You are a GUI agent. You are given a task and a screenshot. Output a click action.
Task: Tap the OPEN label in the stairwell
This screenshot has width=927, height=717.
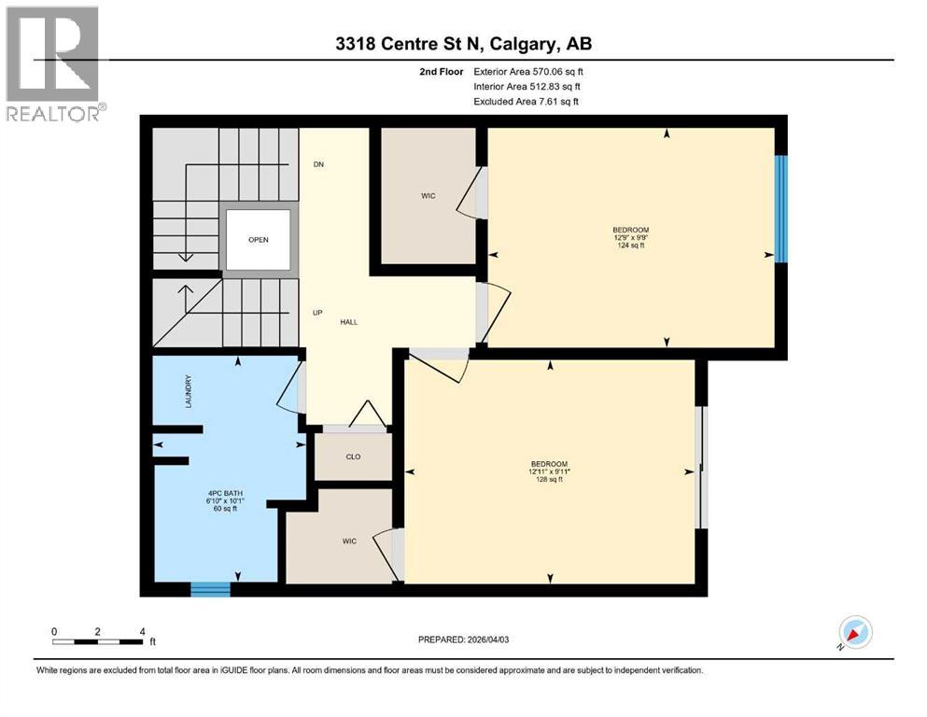[259, 240]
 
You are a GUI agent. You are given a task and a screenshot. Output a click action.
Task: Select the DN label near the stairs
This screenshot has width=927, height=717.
[318, 164]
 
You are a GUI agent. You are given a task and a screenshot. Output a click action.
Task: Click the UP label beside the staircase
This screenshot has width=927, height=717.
[317, 313]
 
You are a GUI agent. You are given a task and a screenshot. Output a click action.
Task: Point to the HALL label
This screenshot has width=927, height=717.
[348, 322]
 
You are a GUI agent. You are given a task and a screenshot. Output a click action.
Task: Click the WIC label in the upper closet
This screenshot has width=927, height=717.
[428, 196]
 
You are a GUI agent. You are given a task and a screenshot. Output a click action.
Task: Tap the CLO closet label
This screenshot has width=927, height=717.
[353, 457]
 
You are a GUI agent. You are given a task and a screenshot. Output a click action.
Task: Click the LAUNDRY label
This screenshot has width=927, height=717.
[189, 391]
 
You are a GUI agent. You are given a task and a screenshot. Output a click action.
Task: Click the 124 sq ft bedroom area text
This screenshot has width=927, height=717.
[630, 246]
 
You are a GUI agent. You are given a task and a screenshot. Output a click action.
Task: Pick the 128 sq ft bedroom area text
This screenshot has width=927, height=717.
[550, 480]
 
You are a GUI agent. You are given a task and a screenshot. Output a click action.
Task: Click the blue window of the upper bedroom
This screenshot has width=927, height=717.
[782, 208]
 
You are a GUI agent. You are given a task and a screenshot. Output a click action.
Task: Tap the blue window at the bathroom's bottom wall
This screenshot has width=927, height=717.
[210, 588]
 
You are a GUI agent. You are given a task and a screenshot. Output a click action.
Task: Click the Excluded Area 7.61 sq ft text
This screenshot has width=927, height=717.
[527, 101]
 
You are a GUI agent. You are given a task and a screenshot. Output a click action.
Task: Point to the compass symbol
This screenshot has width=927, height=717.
[854, 633]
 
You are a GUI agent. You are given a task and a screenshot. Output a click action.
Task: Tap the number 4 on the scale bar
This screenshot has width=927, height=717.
[141, 631]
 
